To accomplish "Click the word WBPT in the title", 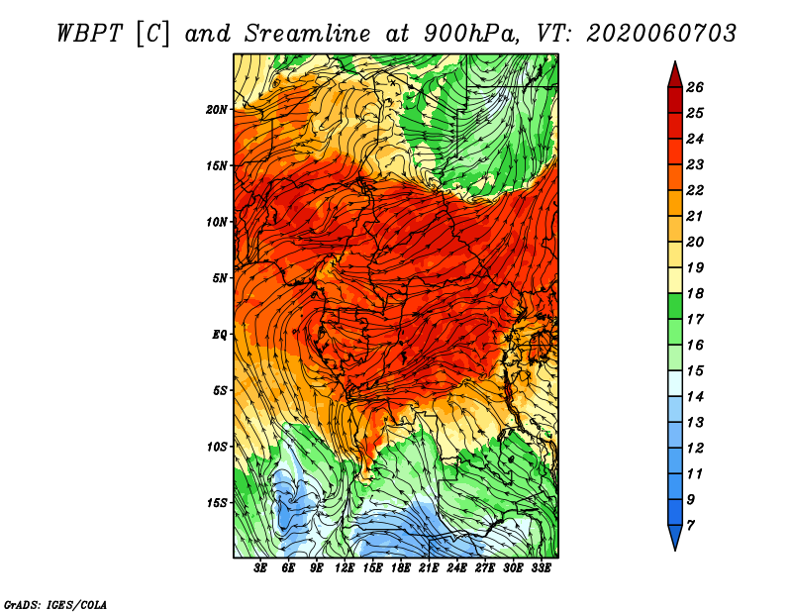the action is point(89,34).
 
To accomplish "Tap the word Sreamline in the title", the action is point(308,34).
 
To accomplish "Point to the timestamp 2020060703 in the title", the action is point(660,34).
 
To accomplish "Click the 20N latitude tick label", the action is point(217,109).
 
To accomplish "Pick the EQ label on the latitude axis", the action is point(219,335).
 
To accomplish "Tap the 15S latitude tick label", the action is point(217,503).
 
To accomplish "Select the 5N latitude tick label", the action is point(220,278).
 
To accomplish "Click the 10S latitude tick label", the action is point(217,447).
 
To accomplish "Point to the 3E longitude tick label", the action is point(259,568).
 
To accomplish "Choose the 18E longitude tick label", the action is point(401,568).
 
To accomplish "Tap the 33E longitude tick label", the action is point(541,568).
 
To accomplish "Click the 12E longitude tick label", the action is point(344,568).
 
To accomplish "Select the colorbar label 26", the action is point(695,87).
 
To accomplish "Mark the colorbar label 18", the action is point(695,293).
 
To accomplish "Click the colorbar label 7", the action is point(690,526).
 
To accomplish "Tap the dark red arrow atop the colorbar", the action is point(675,75).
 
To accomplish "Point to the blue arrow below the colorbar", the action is point(675,537).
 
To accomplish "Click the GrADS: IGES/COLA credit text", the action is point(55,604).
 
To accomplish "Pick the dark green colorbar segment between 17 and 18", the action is point(675,306).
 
